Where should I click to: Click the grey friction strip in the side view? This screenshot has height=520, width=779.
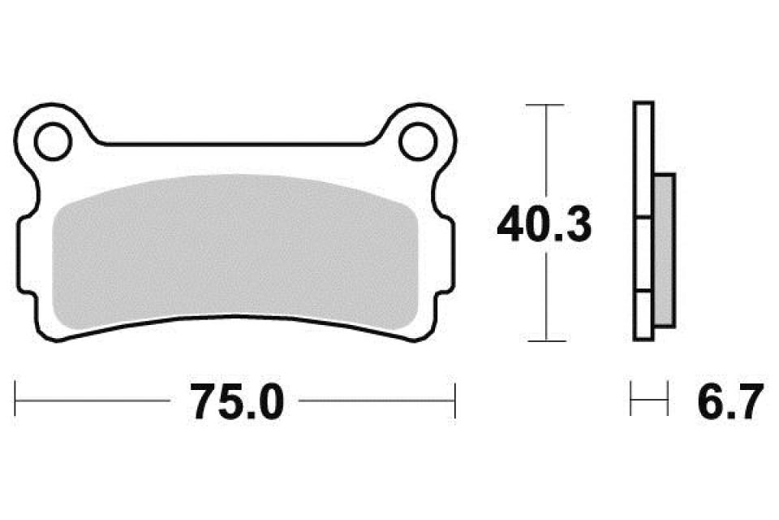click(664, 249)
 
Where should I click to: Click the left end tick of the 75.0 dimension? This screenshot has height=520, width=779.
click(17, 401)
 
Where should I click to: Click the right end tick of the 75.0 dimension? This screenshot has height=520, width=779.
click(454, 401)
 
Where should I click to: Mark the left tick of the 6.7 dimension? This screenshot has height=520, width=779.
click(632, 401)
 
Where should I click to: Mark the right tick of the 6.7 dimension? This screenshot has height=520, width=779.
click(667, 401)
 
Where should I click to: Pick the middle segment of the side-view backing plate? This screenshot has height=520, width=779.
click(642, 254)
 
